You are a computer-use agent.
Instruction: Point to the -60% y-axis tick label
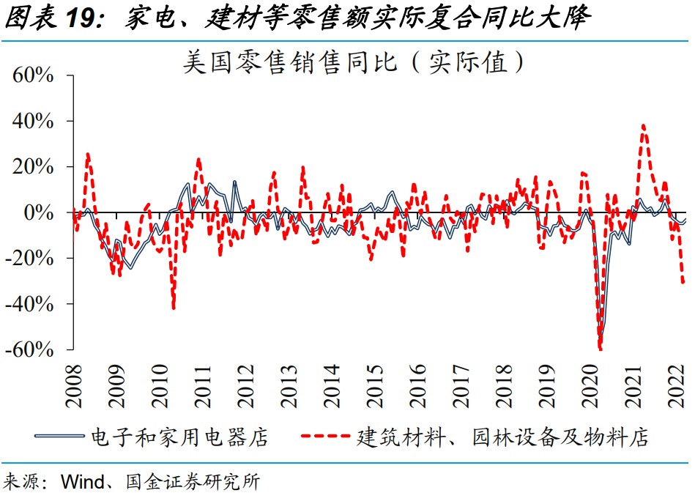[x=30, y=349]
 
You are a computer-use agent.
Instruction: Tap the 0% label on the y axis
[x=40, y=212]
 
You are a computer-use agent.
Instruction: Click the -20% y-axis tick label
[x=30, y=258]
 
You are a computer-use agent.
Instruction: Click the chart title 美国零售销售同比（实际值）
[x=354, y=62]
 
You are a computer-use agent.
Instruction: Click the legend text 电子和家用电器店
[x=179, y=438]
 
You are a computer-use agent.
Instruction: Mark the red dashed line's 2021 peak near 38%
[x=643, y=125]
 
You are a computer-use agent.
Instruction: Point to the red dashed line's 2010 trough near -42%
[x=174, y=308]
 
